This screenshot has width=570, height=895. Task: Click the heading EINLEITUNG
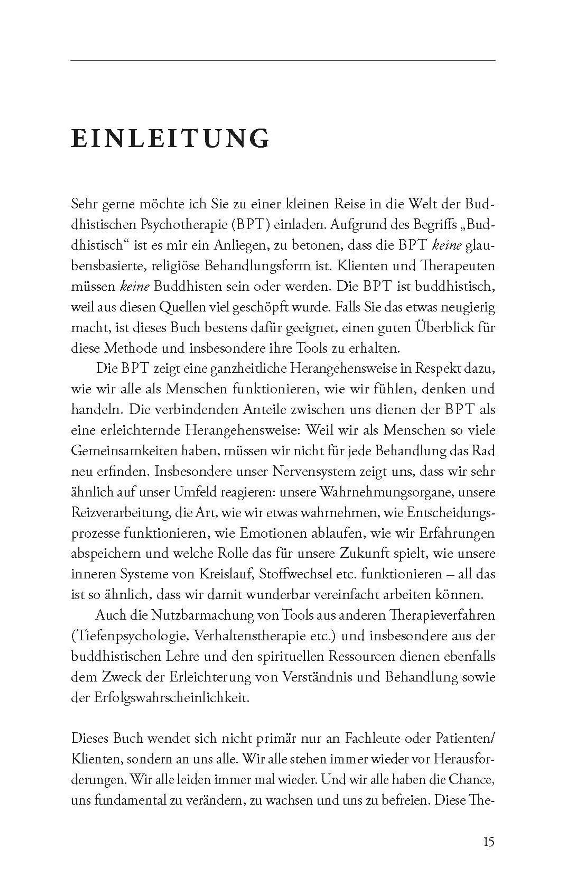[x=170, y=139]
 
